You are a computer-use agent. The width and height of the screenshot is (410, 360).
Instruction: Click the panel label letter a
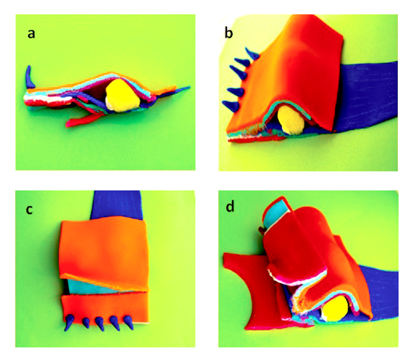point(32,34)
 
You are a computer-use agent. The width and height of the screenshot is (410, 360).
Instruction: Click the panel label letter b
point(228,33)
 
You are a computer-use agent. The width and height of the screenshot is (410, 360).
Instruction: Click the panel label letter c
point(29,210)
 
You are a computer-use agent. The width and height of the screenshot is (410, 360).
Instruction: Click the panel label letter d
point(230,207)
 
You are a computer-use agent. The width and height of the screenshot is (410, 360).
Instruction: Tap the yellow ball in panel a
point(122,96)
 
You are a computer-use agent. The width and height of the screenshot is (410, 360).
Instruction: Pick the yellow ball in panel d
point(336,309)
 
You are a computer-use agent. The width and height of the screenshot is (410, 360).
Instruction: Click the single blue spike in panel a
point(30,77)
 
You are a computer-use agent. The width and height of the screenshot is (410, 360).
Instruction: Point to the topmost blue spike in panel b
point(251,53)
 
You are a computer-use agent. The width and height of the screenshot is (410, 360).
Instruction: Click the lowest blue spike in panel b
point(231,105)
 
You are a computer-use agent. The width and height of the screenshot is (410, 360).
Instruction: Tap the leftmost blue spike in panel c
point(69,323)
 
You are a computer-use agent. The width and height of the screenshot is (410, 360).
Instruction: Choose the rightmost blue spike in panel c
point(128,323)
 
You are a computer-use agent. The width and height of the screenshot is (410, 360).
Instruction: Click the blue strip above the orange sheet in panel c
point(117,205)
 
